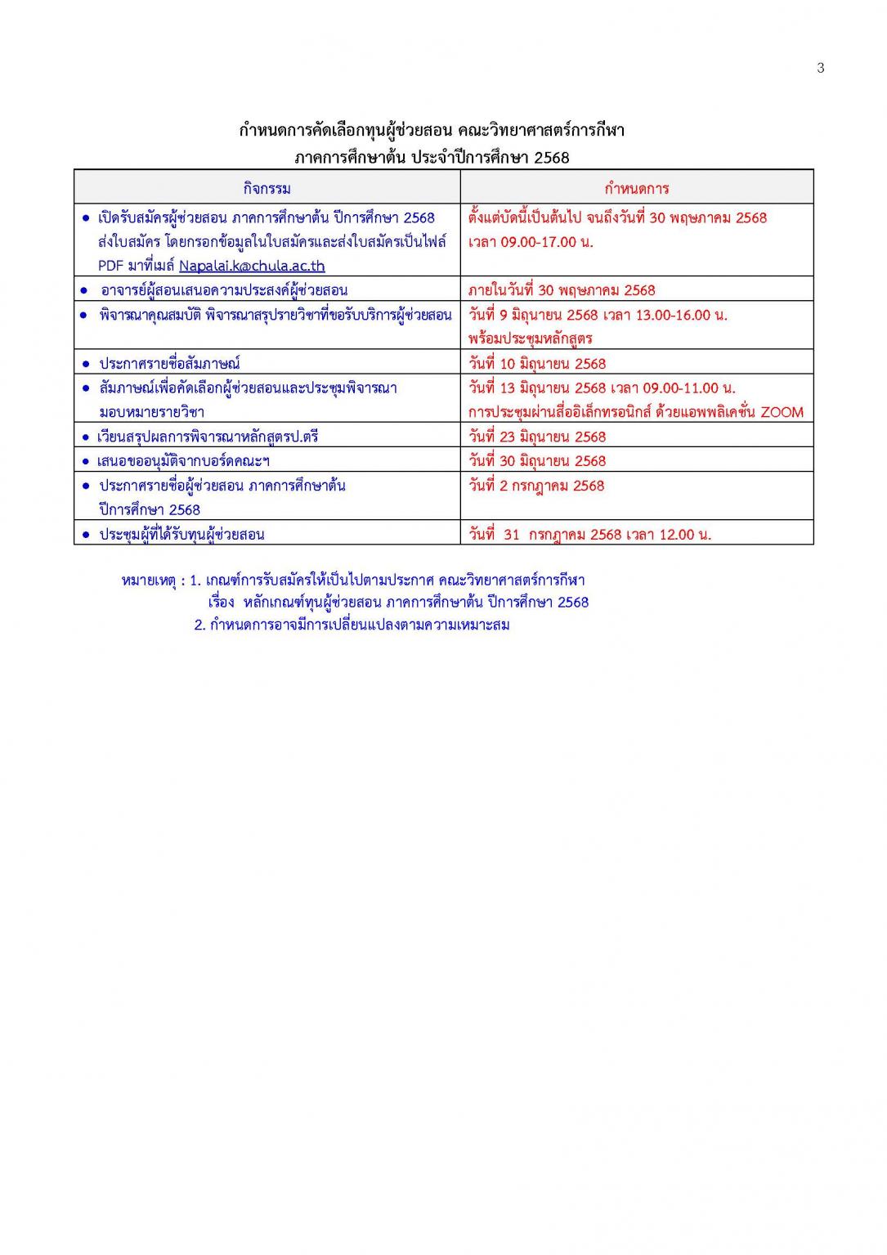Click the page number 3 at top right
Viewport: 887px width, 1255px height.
pyautogui.click(x=820, y=68)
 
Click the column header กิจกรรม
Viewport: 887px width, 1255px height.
pyautogui.click(x=267, y=189)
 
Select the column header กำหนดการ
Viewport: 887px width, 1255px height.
pyautogui.click(x=636, y=189)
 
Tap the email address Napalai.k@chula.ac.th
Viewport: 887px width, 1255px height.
pyautogui.click(x=252, y=266)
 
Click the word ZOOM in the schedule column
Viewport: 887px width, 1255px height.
pyautogui.click(x=782, y=412)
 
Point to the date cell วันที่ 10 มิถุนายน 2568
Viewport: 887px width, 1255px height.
pyautogui.click(x=537, y=364)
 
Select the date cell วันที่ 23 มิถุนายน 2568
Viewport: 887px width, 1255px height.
pyautogui.click(x=537, y=437)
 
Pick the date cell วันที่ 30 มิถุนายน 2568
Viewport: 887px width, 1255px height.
pyautogui.click(x=537, y=461)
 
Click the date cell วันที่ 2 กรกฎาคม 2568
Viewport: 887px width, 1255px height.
pyautogui.click(x=536, y=486)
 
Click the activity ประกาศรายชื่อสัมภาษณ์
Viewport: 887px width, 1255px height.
pyautogui.click(x=169, y=364)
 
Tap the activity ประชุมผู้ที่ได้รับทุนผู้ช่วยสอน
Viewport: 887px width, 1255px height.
pyautogui.click(x=181, y=535)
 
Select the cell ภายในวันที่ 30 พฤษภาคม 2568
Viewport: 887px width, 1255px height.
pyautogui.click(x=562, y=290)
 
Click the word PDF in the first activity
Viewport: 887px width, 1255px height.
pyautogui.click(x=110, y=266)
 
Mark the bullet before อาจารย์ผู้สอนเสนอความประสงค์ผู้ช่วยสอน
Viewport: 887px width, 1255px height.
pyautogui.click(x=84, y=290)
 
